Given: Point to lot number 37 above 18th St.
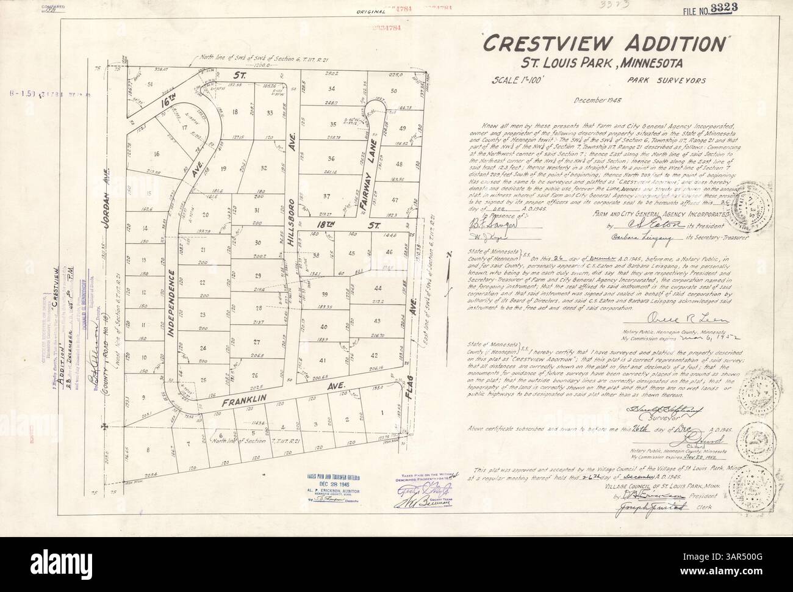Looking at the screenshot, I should pyautogui.click(x=327, y=196).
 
